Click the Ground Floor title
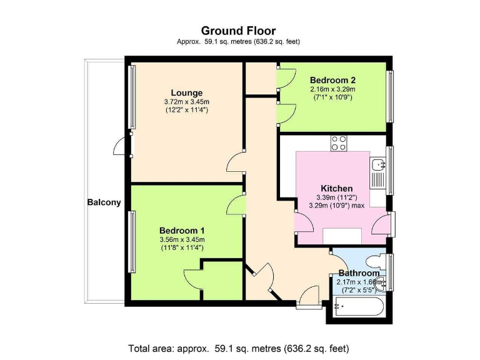238,30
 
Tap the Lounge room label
186,93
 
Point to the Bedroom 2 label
332,80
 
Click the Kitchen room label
337,188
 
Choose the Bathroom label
359,273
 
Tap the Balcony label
104,202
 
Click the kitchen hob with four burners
339,143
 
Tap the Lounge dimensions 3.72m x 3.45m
187,102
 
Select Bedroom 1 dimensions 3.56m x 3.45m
182,239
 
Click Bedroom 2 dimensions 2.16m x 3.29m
332,89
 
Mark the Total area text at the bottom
238,348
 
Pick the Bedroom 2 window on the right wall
391,96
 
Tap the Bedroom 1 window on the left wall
132,242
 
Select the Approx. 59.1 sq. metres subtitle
238,42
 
